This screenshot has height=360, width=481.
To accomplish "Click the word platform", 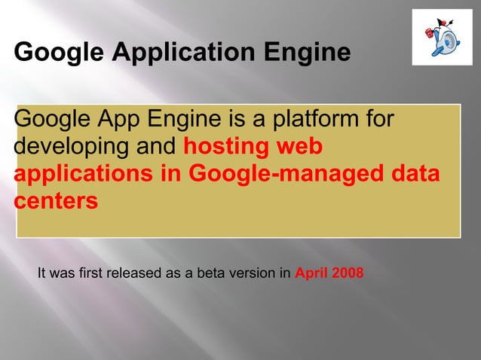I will click(x=323, y=119).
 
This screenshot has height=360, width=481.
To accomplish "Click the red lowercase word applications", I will click(x=87, y=174).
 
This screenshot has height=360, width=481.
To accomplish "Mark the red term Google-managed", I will click(x=283, y=174).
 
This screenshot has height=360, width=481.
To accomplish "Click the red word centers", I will click(x=56, y=202).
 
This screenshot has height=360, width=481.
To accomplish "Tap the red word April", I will click(x=310, y=273).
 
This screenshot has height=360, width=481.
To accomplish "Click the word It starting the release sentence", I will click(x=42, y=273).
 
